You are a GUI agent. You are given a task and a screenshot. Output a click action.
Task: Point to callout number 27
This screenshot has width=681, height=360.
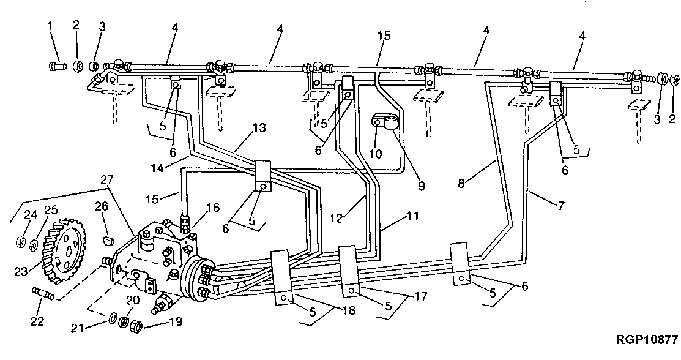[x=108, y=179]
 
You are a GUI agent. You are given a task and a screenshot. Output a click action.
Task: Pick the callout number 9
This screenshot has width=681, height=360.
[x=421, y=184]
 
